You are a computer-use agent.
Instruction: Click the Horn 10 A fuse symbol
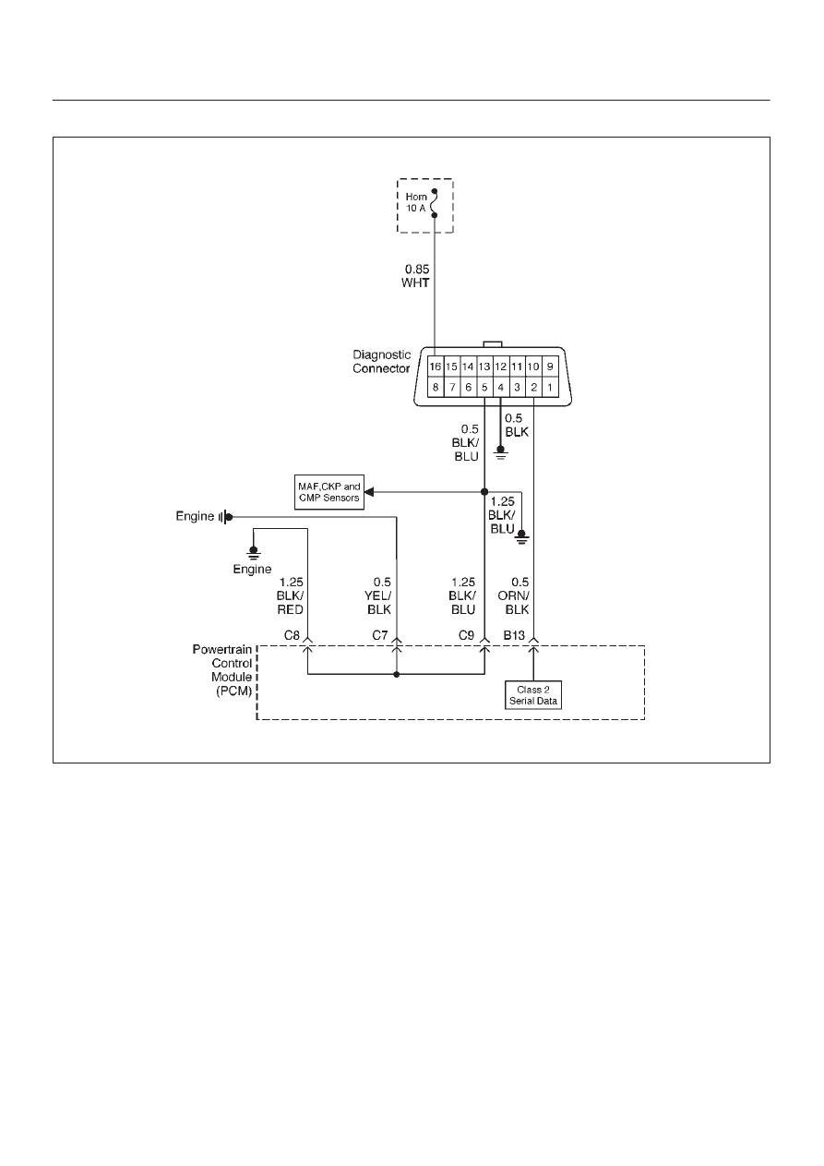[x=435, y=203]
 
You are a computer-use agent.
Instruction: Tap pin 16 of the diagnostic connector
[x=436, y=367]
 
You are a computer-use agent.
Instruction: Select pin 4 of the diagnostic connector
[x=500, y=387]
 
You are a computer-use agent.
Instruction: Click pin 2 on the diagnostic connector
[x=533, y=387]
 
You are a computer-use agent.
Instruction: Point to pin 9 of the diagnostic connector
[x=550, y=367]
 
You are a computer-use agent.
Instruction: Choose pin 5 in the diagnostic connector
[x=484, y=387]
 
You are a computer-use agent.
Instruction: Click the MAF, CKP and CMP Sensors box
[x=329, y=492]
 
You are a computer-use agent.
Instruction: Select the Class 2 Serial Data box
[x=533, y=695]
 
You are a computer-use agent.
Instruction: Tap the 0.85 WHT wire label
[x=415, y=276]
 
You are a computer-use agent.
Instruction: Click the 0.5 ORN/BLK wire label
[x=513, y=595]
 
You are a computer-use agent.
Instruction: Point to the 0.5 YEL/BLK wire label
[x=378, y=595]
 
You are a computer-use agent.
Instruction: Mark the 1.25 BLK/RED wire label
[x=291, y=595]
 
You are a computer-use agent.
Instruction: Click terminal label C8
[x=292, y=635]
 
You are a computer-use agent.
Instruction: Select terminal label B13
[x=514, y=635]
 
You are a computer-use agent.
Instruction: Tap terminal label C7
[x=380, y=635]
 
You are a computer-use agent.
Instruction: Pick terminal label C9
[x=466, y=635]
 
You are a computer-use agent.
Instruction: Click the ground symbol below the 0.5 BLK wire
[x=500, y=453]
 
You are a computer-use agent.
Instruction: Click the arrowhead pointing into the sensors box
[x=369, y=492]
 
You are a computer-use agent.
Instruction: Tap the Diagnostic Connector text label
[x=381, y=361]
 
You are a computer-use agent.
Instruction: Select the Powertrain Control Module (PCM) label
[x=222, y=670]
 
